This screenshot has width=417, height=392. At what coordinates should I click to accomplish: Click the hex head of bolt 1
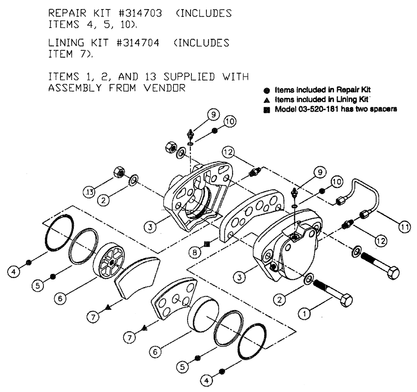coord(346,300)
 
